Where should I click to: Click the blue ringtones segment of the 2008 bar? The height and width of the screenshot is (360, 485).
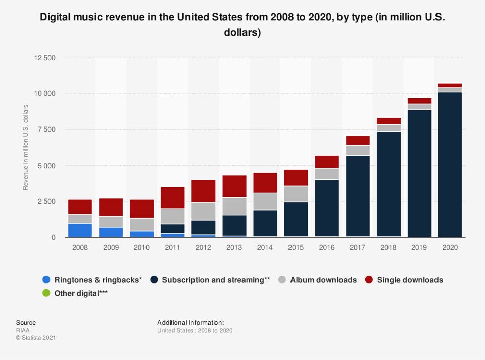[x=80, y=230]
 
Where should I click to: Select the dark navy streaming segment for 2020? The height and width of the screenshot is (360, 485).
[x=450, y=165]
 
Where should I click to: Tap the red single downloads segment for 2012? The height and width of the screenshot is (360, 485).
[x=203, y=191]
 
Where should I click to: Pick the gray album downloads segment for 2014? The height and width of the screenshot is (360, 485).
[x=265, y=201]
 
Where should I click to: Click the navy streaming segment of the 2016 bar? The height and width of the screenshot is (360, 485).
[x=326, y=208]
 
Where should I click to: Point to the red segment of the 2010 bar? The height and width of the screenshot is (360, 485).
[x=141, y=209]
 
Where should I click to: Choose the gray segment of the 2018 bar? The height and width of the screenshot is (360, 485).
[x=388, y=128]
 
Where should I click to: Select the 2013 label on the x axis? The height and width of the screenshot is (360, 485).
[x=234, y=247]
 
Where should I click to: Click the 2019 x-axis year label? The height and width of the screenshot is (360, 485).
[x=419, y=247]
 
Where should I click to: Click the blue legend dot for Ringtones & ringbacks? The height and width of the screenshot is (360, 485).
[x=46, y=280]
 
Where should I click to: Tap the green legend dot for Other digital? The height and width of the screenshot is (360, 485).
[x=46, y=293]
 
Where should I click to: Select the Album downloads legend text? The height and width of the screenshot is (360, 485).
[x=323, y=280]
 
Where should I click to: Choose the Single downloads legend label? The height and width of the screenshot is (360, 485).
[x=410, y=280]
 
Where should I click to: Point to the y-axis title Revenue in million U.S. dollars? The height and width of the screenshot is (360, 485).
[x=25, y=147]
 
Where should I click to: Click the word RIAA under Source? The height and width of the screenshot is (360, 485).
[x=23, y=330]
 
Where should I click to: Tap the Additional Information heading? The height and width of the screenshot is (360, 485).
[x=190, y=322]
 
